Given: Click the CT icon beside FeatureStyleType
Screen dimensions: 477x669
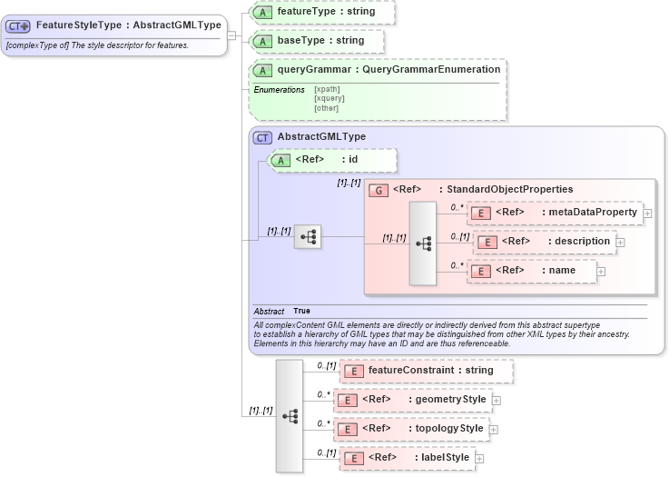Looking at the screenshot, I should (19, 26).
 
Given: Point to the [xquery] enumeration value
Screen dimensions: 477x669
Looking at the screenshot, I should (330, 99).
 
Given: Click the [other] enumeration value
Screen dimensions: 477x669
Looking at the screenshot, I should (326, 108).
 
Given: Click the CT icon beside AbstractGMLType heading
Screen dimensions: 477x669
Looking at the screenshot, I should (263, 137).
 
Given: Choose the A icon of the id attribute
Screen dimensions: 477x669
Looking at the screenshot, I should (281, 161).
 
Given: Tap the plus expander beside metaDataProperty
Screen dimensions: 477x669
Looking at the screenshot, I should (648, 214).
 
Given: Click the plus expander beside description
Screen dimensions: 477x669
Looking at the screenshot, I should (620, 243).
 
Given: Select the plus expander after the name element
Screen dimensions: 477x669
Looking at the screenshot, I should (601, 271).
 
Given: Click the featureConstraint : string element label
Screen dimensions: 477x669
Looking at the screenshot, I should (430, 371).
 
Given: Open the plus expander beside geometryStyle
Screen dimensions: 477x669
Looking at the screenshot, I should (497, 400).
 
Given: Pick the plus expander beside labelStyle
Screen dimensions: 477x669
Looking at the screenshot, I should (479, 459).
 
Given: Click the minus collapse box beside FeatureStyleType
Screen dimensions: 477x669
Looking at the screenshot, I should (232, 35).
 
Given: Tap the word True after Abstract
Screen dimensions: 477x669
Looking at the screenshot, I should (301, 312).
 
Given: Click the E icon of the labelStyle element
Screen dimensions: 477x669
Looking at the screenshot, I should (354, 459).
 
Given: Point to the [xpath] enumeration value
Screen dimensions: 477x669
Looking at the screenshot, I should (327, 90).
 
